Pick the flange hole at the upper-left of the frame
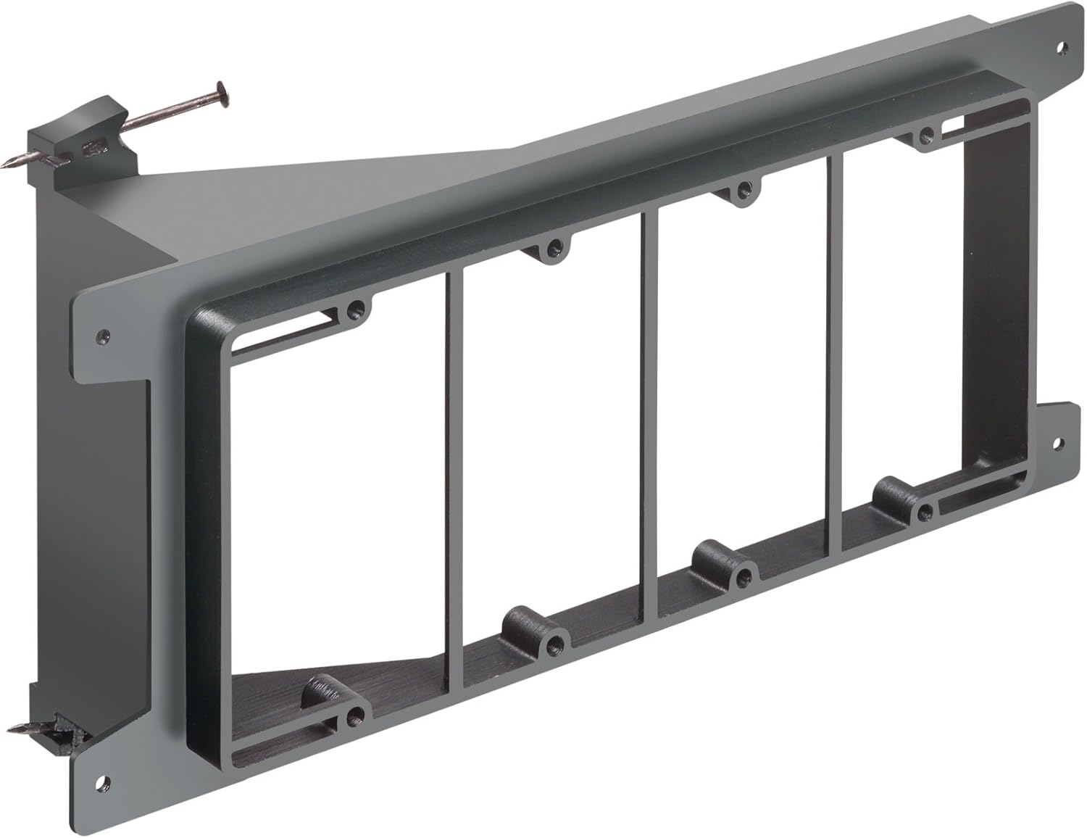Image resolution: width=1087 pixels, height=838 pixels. pyautogui.click(x=105, y=336)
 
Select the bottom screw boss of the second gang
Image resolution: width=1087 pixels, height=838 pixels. pyautogui.click(x=556, y=641)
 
